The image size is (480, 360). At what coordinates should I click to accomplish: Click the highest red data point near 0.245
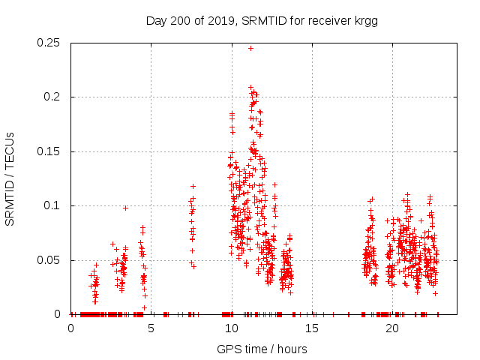250,48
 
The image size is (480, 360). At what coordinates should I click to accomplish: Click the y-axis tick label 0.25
51,43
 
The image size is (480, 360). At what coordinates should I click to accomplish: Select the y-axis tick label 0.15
51,151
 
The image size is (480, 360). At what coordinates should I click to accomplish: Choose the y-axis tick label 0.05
51,260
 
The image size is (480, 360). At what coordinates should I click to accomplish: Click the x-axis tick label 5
151,329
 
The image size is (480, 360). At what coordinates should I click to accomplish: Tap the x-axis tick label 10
231,329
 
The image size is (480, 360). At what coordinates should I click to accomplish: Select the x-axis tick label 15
311,329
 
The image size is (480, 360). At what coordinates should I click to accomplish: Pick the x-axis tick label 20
391,329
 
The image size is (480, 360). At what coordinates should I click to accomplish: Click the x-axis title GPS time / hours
262,349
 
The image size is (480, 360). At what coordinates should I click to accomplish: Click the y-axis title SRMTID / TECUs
10,178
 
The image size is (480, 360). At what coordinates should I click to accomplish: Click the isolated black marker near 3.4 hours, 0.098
125,208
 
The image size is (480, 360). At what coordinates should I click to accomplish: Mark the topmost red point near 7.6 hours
193,186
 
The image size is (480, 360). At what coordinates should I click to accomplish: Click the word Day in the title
157,21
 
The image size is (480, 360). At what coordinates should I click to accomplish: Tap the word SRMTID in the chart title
262,21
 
